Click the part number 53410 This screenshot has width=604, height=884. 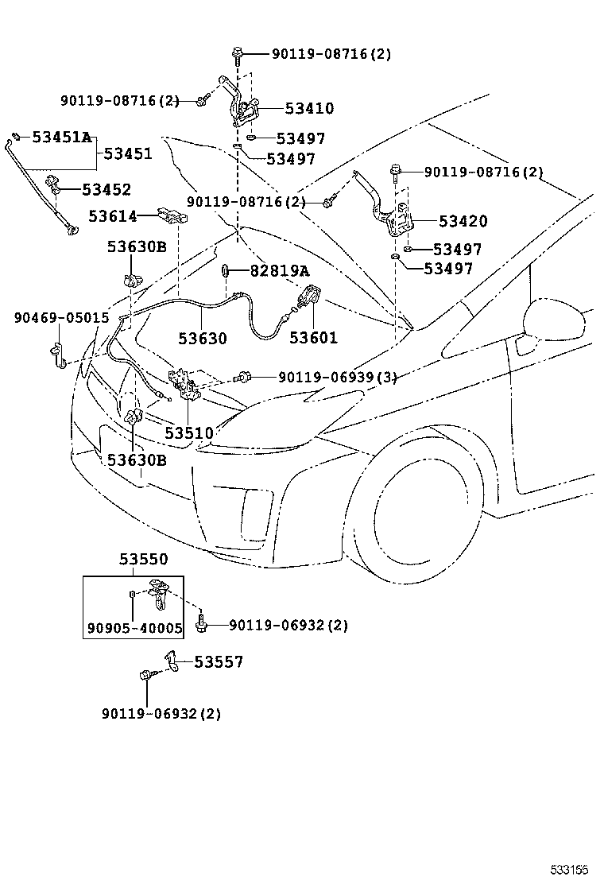pos(298,109)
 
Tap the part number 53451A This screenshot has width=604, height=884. pos(61,137)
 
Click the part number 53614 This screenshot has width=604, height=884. pos(112,215)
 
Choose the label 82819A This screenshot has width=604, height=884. pos(279,271)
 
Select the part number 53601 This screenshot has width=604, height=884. pos(313,338)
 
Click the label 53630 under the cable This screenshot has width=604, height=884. pos(202,338)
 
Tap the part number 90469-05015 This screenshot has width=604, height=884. pos(61,318)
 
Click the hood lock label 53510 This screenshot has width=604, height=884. pos(189,433)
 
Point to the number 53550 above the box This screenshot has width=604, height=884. pos(144,560)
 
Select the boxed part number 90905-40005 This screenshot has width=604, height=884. pos(134,628)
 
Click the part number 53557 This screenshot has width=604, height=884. pos(219,661)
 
